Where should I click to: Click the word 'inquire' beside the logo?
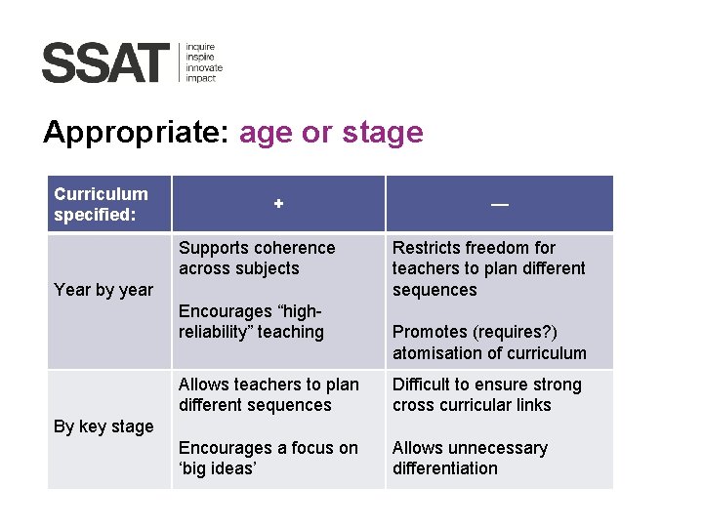[x=200, y=46]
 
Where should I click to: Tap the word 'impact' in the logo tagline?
[x=201, y=78]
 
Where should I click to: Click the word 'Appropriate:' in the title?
[x=135, y=133]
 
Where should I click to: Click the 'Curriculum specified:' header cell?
[x=102, y=204]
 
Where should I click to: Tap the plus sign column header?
[x=278, y=204]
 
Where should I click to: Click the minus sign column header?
[x=499, y=204]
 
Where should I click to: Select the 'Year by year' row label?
[x=103, y=289]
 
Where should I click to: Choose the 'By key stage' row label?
[x=103, y=426]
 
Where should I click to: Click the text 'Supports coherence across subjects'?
[x=256, y=259]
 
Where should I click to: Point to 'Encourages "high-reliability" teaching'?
[x=251, y=322]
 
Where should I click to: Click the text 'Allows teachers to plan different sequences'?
[x=269, y=395]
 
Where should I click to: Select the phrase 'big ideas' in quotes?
[x=218, y=468]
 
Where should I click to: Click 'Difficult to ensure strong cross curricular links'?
[x=486, y=395]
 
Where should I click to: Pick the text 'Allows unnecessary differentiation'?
[x=470, y=459]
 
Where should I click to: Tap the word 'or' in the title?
[x=315, y=133]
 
